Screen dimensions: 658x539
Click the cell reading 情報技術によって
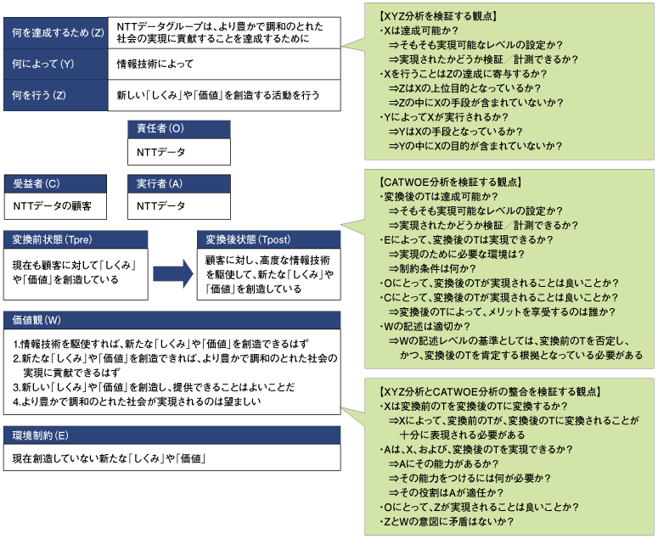tap(155, 64)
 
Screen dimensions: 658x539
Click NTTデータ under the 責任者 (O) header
tap(160, 152)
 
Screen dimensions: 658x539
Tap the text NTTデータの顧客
tap(52, 206)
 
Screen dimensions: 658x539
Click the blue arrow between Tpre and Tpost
tap(173, 273)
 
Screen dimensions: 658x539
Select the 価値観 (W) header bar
tap(172, 320)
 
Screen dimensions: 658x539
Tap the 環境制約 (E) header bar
tap(172, 435)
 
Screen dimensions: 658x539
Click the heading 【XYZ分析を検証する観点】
tap(438, 16)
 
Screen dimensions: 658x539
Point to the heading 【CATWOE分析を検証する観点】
tap(450, 182)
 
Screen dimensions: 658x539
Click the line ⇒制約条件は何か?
tap(432, 268)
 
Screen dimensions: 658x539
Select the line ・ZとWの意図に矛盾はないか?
tap(446, 522)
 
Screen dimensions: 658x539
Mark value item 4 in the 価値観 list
tap(138, 401)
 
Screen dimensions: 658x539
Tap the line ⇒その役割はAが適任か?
tap(446, 493)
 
